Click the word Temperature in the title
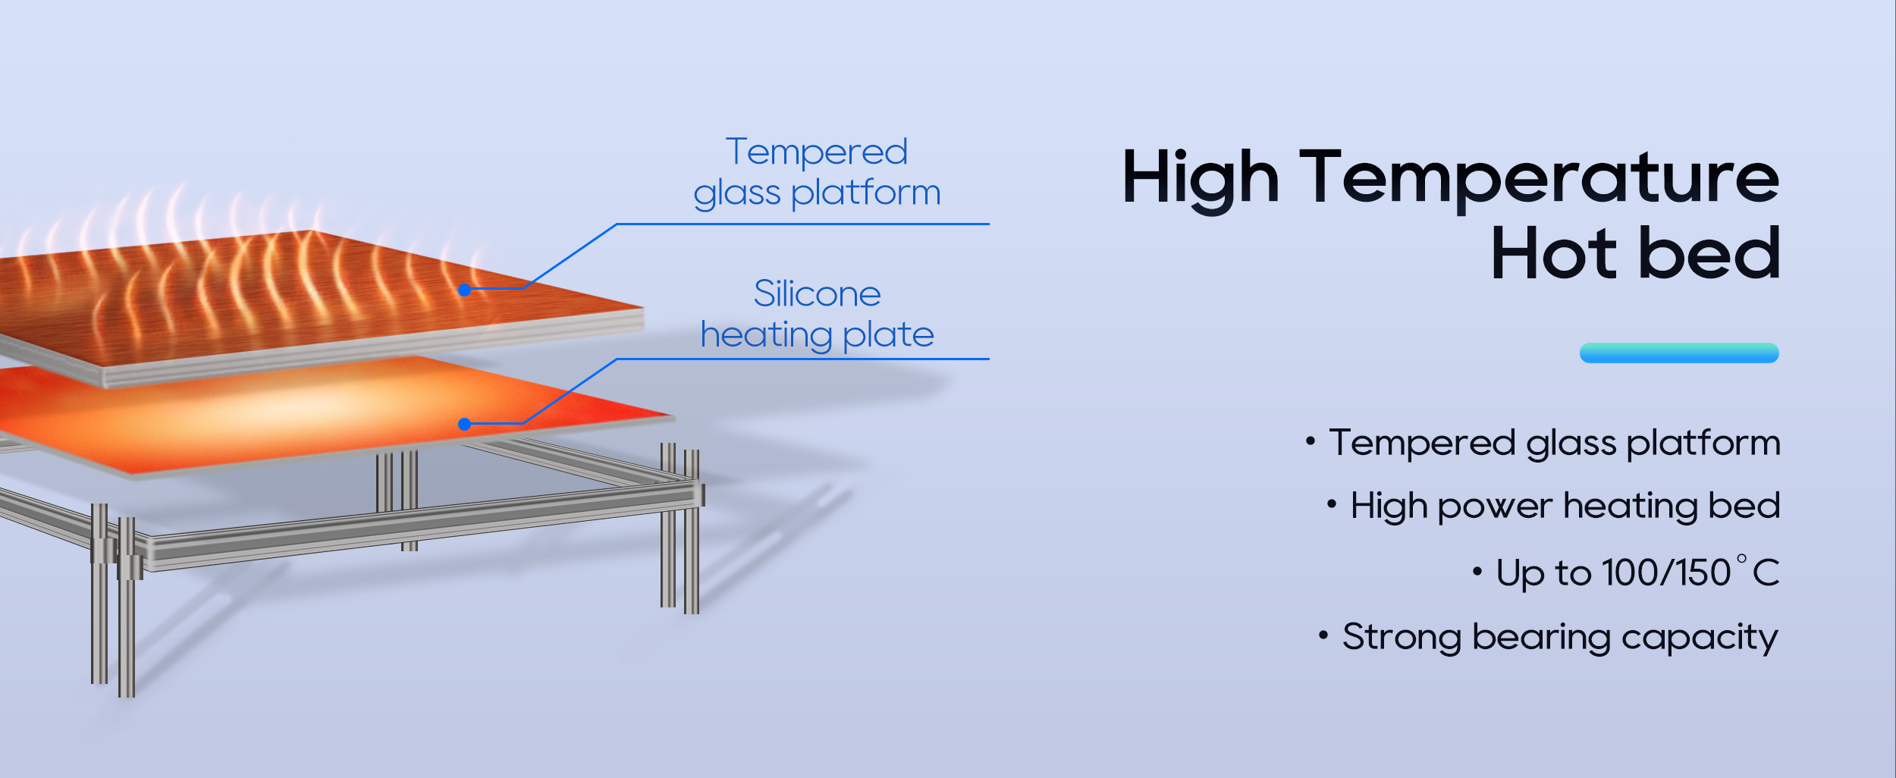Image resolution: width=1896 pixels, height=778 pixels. point(1539,177)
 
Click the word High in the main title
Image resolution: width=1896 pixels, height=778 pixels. point(1200,179)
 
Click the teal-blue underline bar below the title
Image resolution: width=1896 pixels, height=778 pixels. point(1679,353)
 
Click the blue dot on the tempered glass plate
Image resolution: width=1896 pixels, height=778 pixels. point(465,290)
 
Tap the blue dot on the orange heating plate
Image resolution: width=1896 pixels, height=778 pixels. point(465,424)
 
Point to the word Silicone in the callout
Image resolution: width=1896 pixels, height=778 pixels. point(818,293)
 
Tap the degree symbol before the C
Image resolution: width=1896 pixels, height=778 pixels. point(1741,560)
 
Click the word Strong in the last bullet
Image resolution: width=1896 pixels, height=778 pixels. point(1402,637)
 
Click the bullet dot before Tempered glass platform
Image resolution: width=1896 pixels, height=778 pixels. point(1310,441)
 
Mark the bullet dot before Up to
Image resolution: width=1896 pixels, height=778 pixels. point(1477,571)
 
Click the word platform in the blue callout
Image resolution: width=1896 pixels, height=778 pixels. point(865,193)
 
